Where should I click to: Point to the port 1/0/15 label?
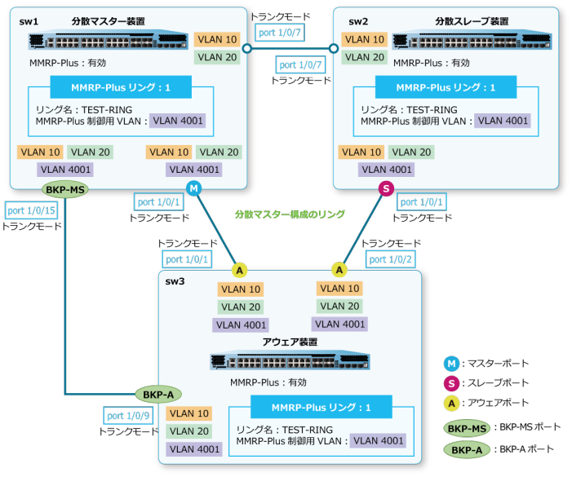coord(30,210)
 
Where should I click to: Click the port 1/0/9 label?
coord(129,415)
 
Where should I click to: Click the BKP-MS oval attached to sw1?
coord(64,190)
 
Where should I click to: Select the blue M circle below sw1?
coord(194,189)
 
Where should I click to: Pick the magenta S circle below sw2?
coord(386,189)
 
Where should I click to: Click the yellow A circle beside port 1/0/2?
coord(339,269)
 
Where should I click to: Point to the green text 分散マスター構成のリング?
coord(290,214)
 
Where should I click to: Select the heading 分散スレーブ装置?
coord(471,20)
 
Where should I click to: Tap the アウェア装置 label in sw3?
coord(290,342)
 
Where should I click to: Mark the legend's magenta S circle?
coord(452,383)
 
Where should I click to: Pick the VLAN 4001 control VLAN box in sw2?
coord(503,121)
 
